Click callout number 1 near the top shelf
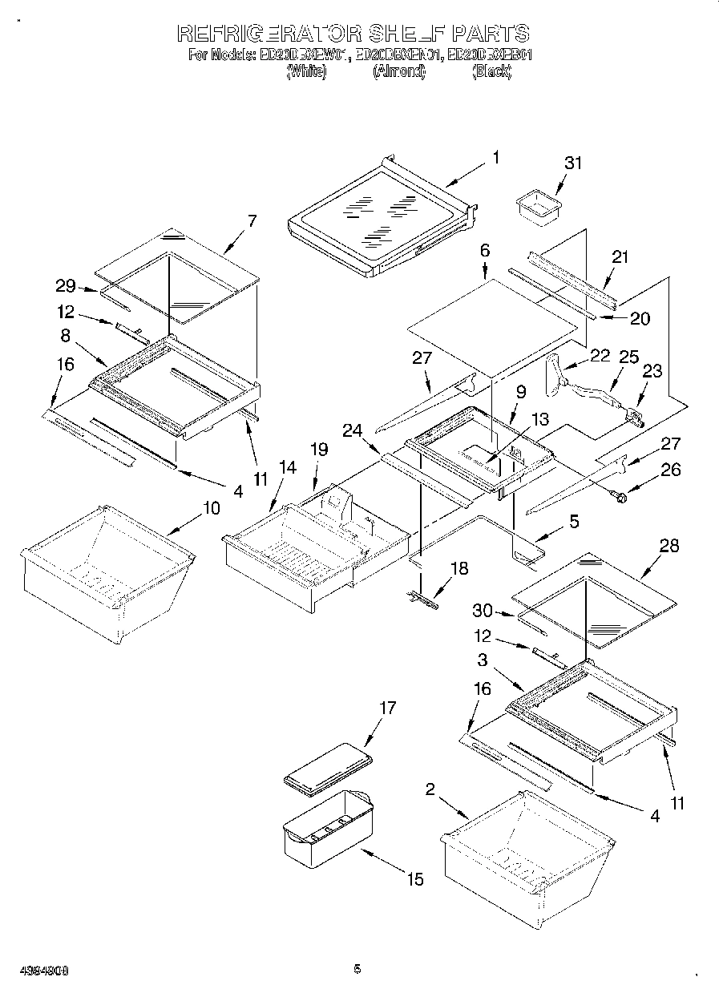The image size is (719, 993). pos(495,158)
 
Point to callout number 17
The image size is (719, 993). pos(388,708)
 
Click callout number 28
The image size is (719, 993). pos(669,546)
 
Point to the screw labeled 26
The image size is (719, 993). pos(618,498)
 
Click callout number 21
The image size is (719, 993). pos(620,257)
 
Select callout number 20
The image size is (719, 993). pos(640,318)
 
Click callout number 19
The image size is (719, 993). pos(319,450)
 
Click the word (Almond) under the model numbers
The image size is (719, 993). pos(398,72)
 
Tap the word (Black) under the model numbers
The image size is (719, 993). pos(491,72)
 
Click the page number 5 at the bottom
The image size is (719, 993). pos(357,969)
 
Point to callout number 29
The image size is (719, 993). pos(65,285)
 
